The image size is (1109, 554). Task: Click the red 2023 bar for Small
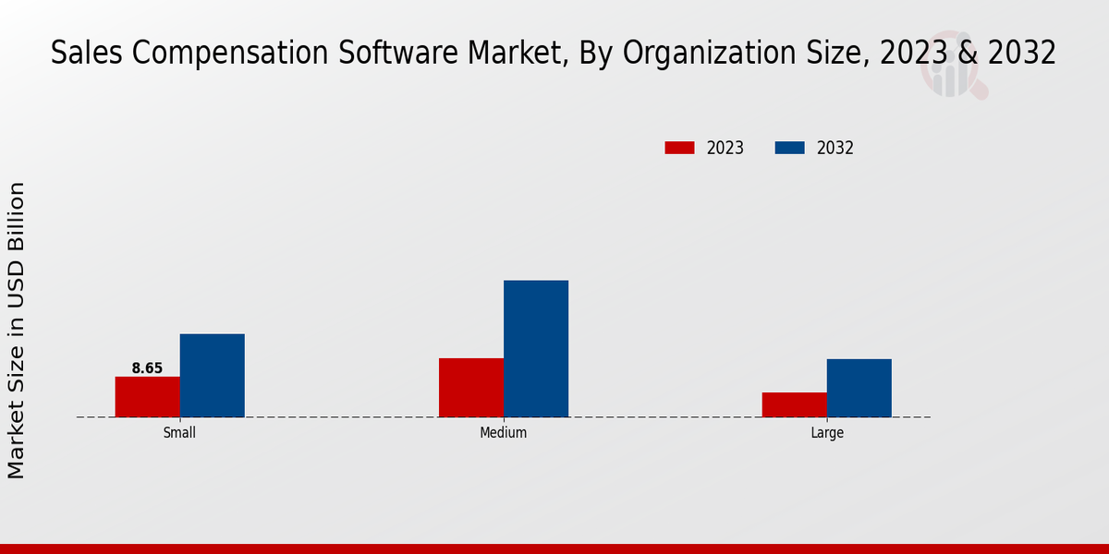click(148, 397)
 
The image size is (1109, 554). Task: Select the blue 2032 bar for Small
click(213, 376)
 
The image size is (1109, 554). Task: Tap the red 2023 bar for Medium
click(471, 388)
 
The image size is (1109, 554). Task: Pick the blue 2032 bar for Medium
click(536, 349)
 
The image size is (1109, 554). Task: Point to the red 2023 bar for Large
click(795, 404)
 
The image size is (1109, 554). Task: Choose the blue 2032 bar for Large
click(859, 388)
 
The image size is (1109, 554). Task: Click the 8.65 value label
click(147, 368)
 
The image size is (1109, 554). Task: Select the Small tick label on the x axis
click(179, 432)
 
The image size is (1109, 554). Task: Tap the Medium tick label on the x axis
click(504, 432)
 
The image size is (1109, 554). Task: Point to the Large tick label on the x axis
click(827, 432)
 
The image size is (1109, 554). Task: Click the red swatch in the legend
click(679, 148)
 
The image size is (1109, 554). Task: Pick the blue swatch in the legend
click(789, 148)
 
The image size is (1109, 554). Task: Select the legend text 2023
click(725, 148)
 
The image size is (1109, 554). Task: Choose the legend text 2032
click(835, 148)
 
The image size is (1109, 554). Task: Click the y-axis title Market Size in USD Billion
click(17, 331)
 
